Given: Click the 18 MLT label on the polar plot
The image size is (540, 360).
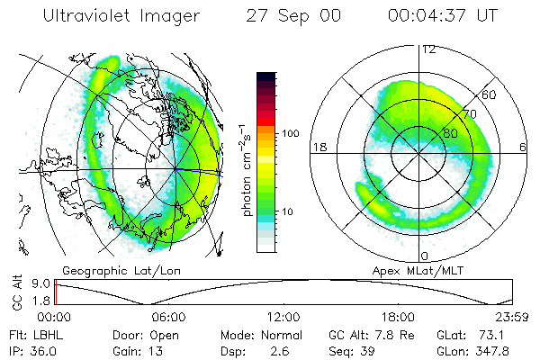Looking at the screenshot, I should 318,147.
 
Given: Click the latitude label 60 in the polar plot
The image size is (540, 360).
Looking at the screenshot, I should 490,94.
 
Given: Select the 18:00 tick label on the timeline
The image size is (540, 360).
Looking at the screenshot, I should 398,317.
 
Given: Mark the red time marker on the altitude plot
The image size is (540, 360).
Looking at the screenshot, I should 56,292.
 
